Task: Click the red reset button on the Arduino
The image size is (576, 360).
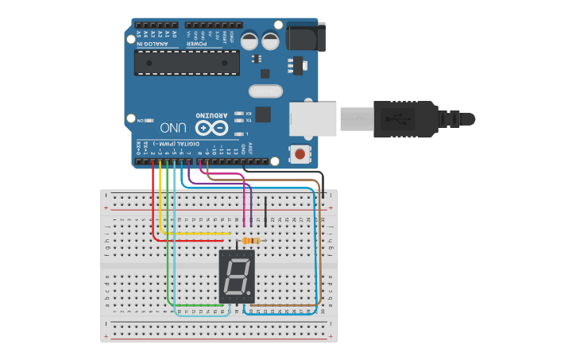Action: pyautogui.click(x=300, y=153)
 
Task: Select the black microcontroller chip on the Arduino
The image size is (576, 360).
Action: pyautogui.click(x=187, y=62)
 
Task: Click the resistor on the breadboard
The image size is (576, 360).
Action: pyautogui.click(x=253, y=240)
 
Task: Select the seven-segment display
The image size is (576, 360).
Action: pyautogui.click(x=236, y=277)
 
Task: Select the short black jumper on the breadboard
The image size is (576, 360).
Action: pyautogui.click(x=265, y=211)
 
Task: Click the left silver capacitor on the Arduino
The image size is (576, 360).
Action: pyautogui.click(x=249, y=39)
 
